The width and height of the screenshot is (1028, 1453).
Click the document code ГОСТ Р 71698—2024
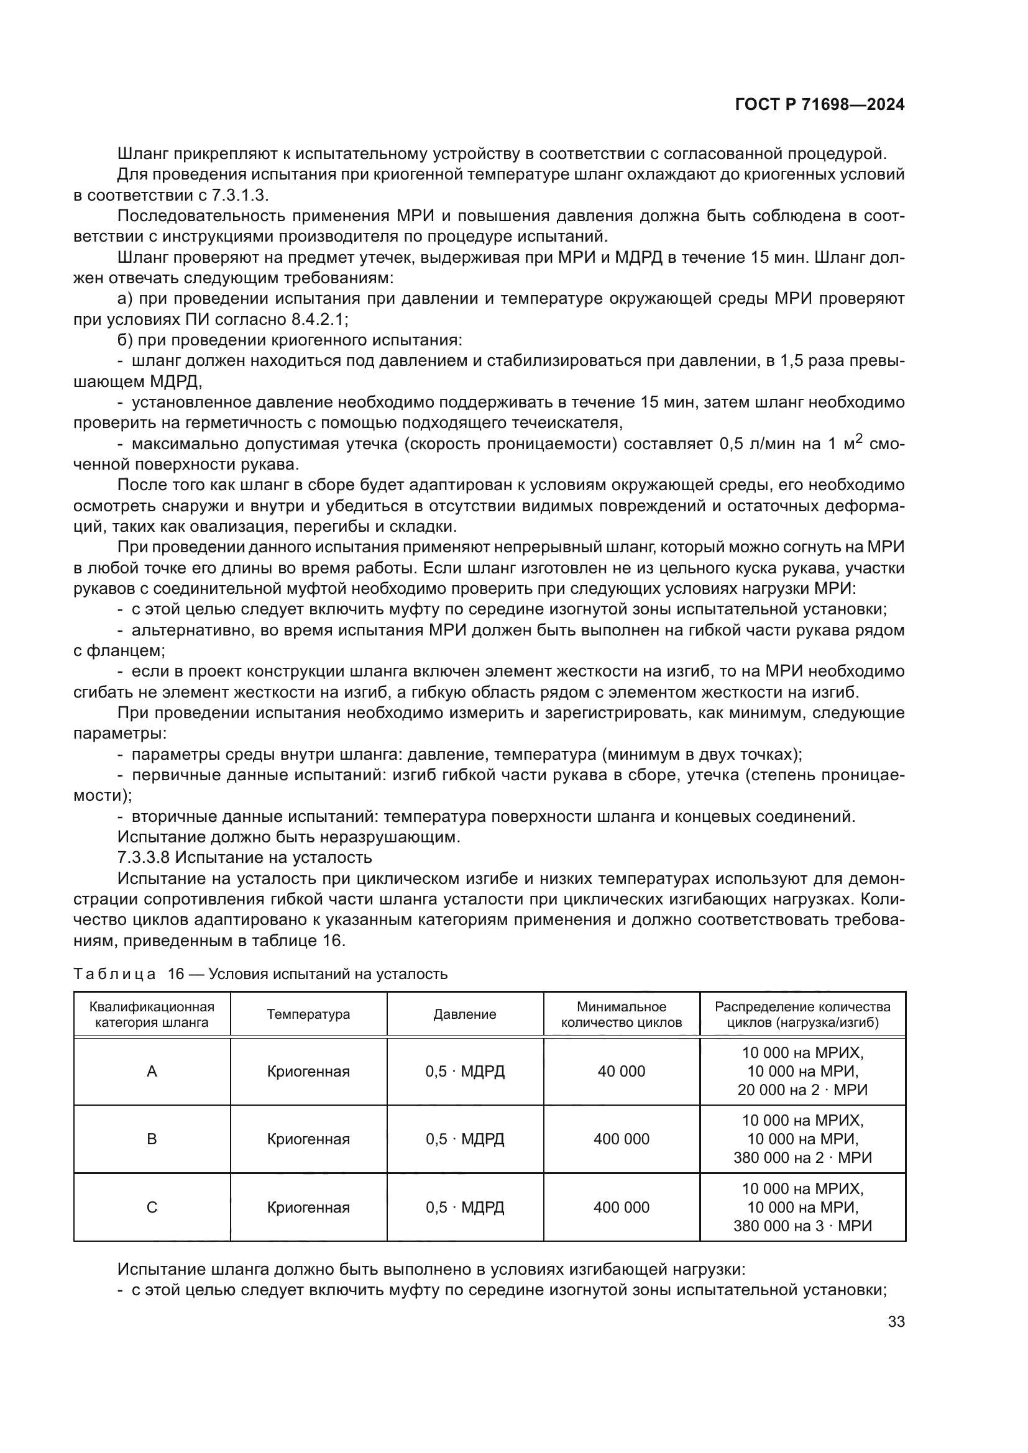819,105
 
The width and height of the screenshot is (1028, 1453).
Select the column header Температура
308,1014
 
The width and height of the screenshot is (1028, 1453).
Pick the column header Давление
465,1014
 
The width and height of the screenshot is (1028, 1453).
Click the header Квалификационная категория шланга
152,1014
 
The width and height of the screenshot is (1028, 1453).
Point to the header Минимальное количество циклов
621,1014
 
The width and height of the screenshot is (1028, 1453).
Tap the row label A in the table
152,1072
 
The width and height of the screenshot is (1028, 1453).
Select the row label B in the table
152,1139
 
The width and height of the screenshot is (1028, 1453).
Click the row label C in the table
152,1208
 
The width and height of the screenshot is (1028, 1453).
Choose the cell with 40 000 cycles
621,1072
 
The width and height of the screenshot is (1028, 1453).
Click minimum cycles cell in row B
621,1139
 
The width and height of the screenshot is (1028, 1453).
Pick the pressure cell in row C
465,1208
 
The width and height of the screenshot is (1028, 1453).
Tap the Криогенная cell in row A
308,1072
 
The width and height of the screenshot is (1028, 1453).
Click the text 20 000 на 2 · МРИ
802,1090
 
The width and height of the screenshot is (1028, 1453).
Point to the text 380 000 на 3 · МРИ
802,1226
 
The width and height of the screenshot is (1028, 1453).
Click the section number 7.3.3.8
144,857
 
